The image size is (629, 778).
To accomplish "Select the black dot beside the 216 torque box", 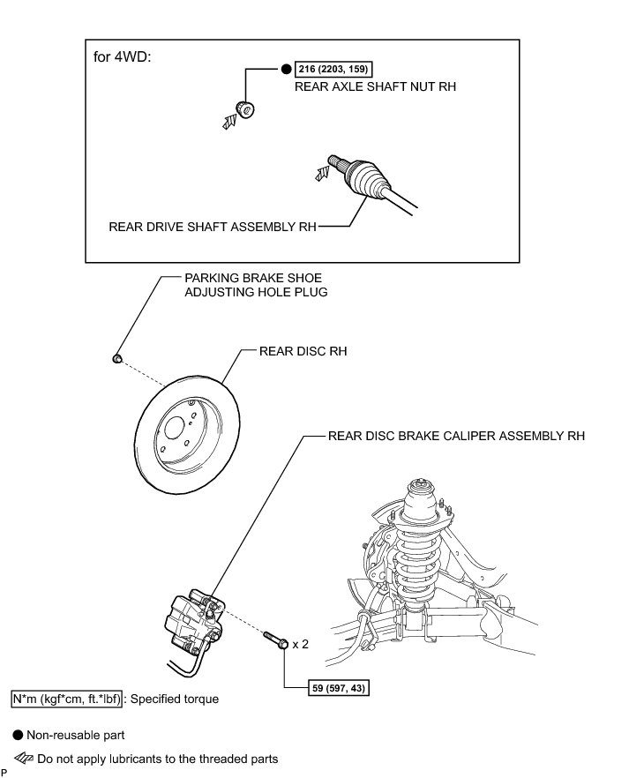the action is click(286, 69).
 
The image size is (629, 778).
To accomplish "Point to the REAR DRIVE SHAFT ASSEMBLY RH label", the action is click(212, 226).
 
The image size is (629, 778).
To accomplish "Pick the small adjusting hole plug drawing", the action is click(116, 358).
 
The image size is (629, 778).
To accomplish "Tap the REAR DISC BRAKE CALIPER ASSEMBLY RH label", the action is click(456, 436).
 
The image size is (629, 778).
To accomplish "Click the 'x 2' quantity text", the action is click(300, 644).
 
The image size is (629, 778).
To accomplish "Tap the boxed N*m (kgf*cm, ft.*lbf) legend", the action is click(65, 699).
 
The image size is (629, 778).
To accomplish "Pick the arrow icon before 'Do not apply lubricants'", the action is click(24, 758).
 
